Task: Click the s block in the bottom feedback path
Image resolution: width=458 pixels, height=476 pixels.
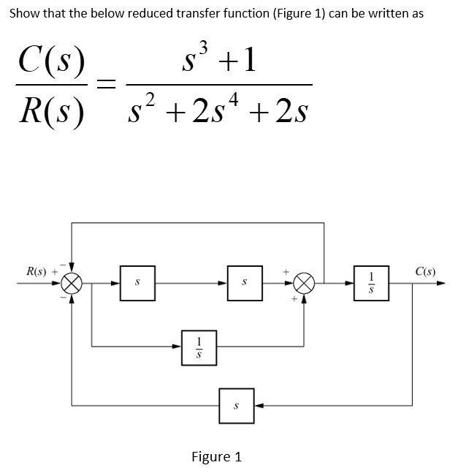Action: point(237,404)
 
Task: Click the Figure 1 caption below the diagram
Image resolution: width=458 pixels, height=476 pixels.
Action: point(216,457)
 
